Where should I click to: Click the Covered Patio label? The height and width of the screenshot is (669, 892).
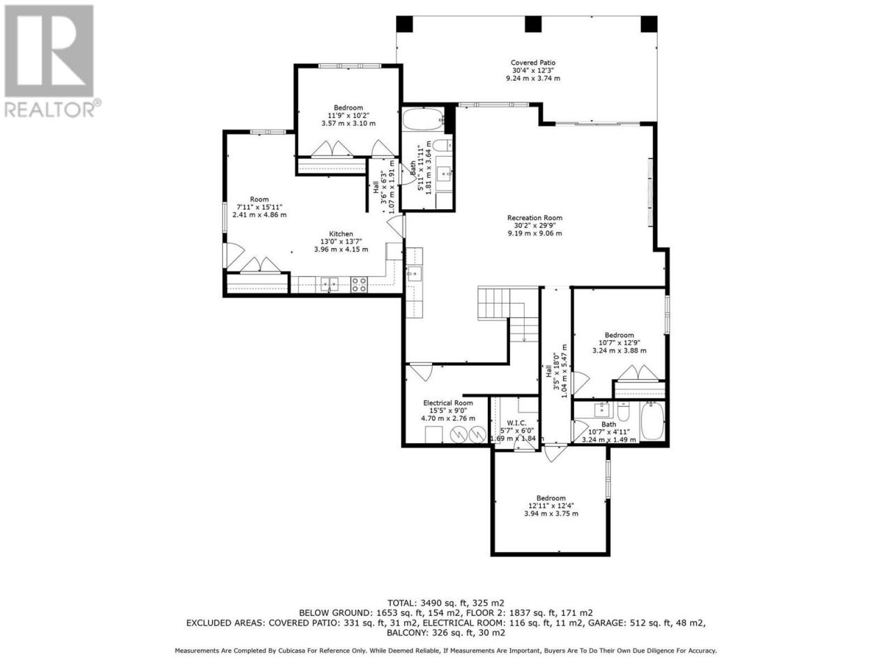[x=533, y=63]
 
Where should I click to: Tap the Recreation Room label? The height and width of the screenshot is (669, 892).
[x=535, y=217]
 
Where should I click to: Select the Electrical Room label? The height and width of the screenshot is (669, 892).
[x=448, y=403]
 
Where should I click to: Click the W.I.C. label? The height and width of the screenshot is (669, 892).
[x=516, y=423]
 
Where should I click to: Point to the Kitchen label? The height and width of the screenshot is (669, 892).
[x=341, y=234]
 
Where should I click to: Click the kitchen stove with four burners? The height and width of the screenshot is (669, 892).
[x=359, y=284]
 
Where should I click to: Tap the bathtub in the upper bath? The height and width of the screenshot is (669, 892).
[x=423, y=119]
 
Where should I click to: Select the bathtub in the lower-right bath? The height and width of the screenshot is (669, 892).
[x=652, y=421]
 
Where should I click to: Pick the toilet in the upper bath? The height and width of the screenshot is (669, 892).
[x=442, y=145]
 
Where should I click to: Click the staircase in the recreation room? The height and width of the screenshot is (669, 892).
[x=508, y=314]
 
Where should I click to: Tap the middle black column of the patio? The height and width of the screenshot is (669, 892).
[x=533, y=24]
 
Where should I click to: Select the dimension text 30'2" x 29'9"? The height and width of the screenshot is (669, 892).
[x=535, y=225]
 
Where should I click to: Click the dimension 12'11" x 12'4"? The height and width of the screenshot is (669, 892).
[x=551, y=506]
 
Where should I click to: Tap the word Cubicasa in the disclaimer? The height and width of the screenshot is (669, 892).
[x=293, y=651]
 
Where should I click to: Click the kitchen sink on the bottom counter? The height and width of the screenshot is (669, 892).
[x=329, y=284]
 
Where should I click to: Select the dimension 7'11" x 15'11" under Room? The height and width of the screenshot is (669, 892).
[x=259, y=207]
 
